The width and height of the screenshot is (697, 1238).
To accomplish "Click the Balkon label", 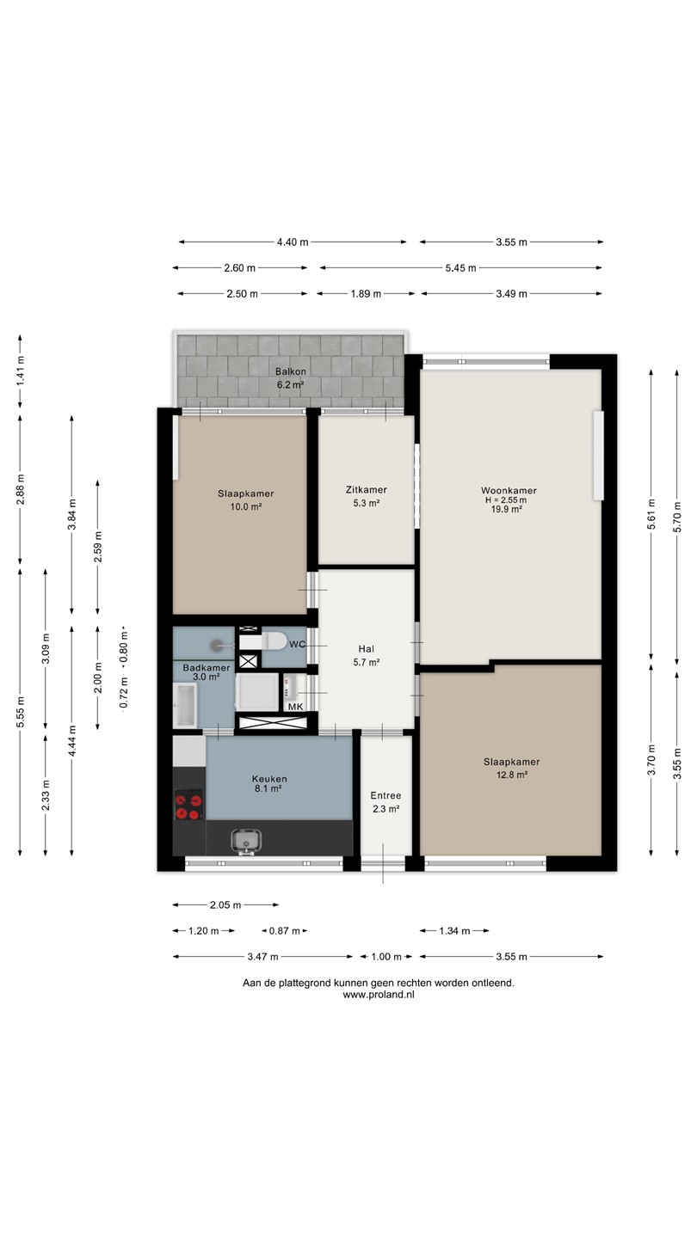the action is coord(291,372).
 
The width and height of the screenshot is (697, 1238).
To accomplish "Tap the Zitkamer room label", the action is coord(367,490).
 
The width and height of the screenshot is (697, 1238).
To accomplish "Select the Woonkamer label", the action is coord(509,490).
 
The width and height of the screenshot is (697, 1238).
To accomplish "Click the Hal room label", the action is coord(367,649).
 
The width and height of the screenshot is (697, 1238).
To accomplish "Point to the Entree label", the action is coord(386,796).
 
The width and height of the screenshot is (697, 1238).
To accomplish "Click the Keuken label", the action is coord(269,779).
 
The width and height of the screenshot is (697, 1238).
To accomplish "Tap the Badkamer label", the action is coord(207,668).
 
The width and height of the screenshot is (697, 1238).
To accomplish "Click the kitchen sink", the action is coord(246,841).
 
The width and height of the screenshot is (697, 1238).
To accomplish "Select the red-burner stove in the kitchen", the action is coord(188,806).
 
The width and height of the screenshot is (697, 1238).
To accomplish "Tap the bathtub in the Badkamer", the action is coord(185,705).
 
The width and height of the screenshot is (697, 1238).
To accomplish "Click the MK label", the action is coord(296,707).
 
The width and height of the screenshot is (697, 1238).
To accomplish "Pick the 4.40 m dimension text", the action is coord(293,242).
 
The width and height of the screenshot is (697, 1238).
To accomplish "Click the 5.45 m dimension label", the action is coord(461,268).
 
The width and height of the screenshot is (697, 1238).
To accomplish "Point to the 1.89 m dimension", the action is coord(366,294).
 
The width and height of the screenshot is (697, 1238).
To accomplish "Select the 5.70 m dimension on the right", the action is coord(678,515).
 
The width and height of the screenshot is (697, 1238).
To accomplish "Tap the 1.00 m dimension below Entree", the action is coord(386,957).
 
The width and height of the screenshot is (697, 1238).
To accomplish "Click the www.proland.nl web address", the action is coord(379,994).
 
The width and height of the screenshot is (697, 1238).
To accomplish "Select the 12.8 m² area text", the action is coord(512,775).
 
